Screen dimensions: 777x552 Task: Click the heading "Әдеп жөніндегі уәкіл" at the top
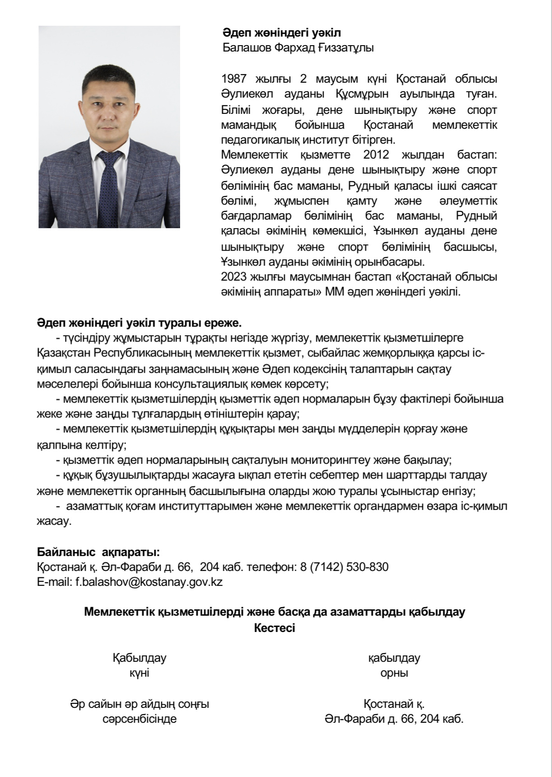(282, 33)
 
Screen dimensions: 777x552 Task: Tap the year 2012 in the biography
(376, 155)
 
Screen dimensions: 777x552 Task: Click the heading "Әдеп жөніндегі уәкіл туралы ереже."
(139, 323)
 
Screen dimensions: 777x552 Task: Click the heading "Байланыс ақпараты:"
(98, 552)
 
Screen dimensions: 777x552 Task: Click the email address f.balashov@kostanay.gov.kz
(149, 582)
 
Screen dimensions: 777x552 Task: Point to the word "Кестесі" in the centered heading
(274, 628)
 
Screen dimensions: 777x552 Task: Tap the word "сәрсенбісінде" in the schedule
(139, 719)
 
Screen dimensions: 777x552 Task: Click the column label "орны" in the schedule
(394, 673)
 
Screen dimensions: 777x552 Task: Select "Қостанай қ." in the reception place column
(394, 704)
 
